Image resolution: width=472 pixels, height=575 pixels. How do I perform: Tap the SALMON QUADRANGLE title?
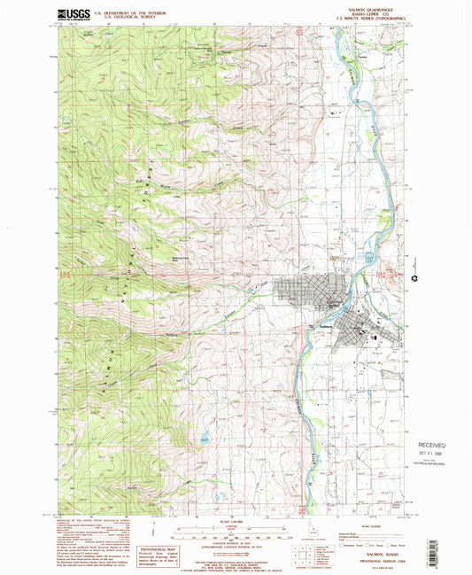coord(378,8)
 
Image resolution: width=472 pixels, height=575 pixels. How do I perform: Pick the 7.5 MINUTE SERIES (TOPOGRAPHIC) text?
coord(378,18)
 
